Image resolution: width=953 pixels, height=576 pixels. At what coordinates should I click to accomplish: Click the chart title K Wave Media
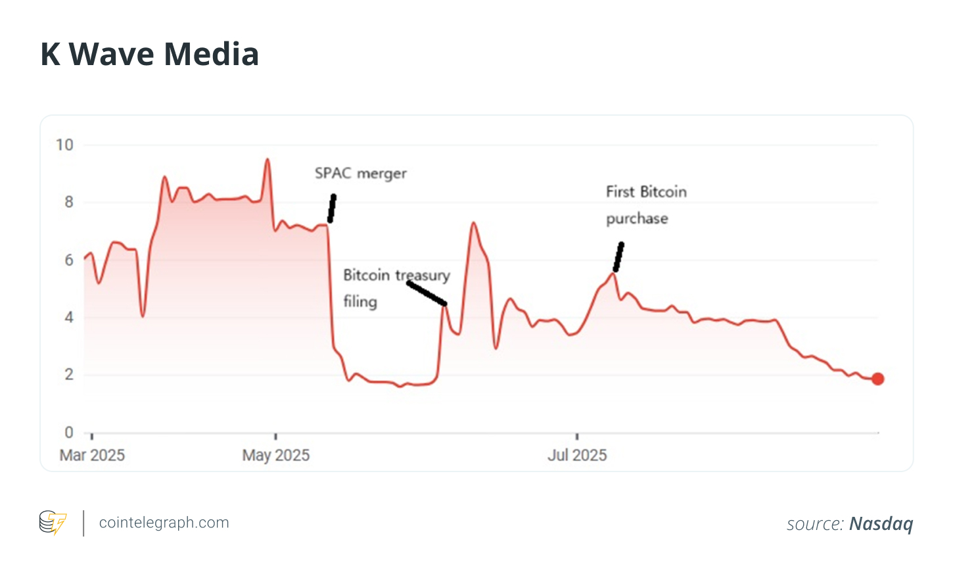tap(149, 54)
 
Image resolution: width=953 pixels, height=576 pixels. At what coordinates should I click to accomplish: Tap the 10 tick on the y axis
tap(64, 145)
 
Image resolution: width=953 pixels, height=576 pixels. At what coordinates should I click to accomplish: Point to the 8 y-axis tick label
tap(69, 203)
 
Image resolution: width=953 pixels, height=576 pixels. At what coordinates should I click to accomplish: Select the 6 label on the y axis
tap(69, 260)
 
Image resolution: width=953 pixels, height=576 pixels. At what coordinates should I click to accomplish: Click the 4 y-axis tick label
tap(69, 318)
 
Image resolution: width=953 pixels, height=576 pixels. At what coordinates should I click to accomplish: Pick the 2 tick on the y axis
tap(69, 375)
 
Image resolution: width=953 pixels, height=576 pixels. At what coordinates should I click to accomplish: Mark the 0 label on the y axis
tap(69, 432)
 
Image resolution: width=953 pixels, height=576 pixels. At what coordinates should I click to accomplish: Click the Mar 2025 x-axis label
tap(92, 455)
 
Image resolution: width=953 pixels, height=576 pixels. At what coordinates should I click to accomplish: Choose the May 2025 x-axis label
tap(276, 455)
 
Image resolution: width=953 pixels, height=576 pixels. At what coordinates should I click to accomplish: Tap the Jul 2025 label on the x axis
tap(577, 455)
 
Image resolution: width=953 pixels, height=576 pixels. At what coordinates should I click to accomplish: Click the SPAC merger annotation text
tap(360, 174)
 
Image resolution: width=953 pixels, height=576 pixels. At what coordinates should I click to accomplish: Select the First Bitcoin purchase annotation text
tap(645, 204)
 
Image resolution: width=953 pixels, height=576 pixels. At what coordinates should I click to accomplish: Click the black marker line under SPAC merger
tap(332, 208)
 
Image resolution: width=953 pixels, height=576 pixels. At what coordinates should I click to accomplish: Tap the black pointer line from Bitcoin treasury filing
tap(427, 293)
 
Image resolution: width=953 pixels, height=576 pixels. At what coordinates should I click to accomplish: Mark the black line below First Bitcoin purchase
tap(618, 257)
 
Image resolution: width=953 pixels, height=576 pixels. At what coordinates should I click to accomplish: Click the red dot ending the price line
tap(877, 379)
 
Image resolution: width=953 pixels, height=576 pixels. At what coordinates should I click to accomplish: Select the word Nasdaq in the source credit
tap(881, 523)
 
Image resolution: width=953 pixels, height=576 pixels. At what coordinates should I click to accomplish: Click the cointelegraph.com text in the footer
tap(164, 523)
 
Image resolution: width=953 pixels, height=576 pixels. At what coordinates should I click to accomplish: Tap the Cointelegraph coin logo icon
tap(53, 523)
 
